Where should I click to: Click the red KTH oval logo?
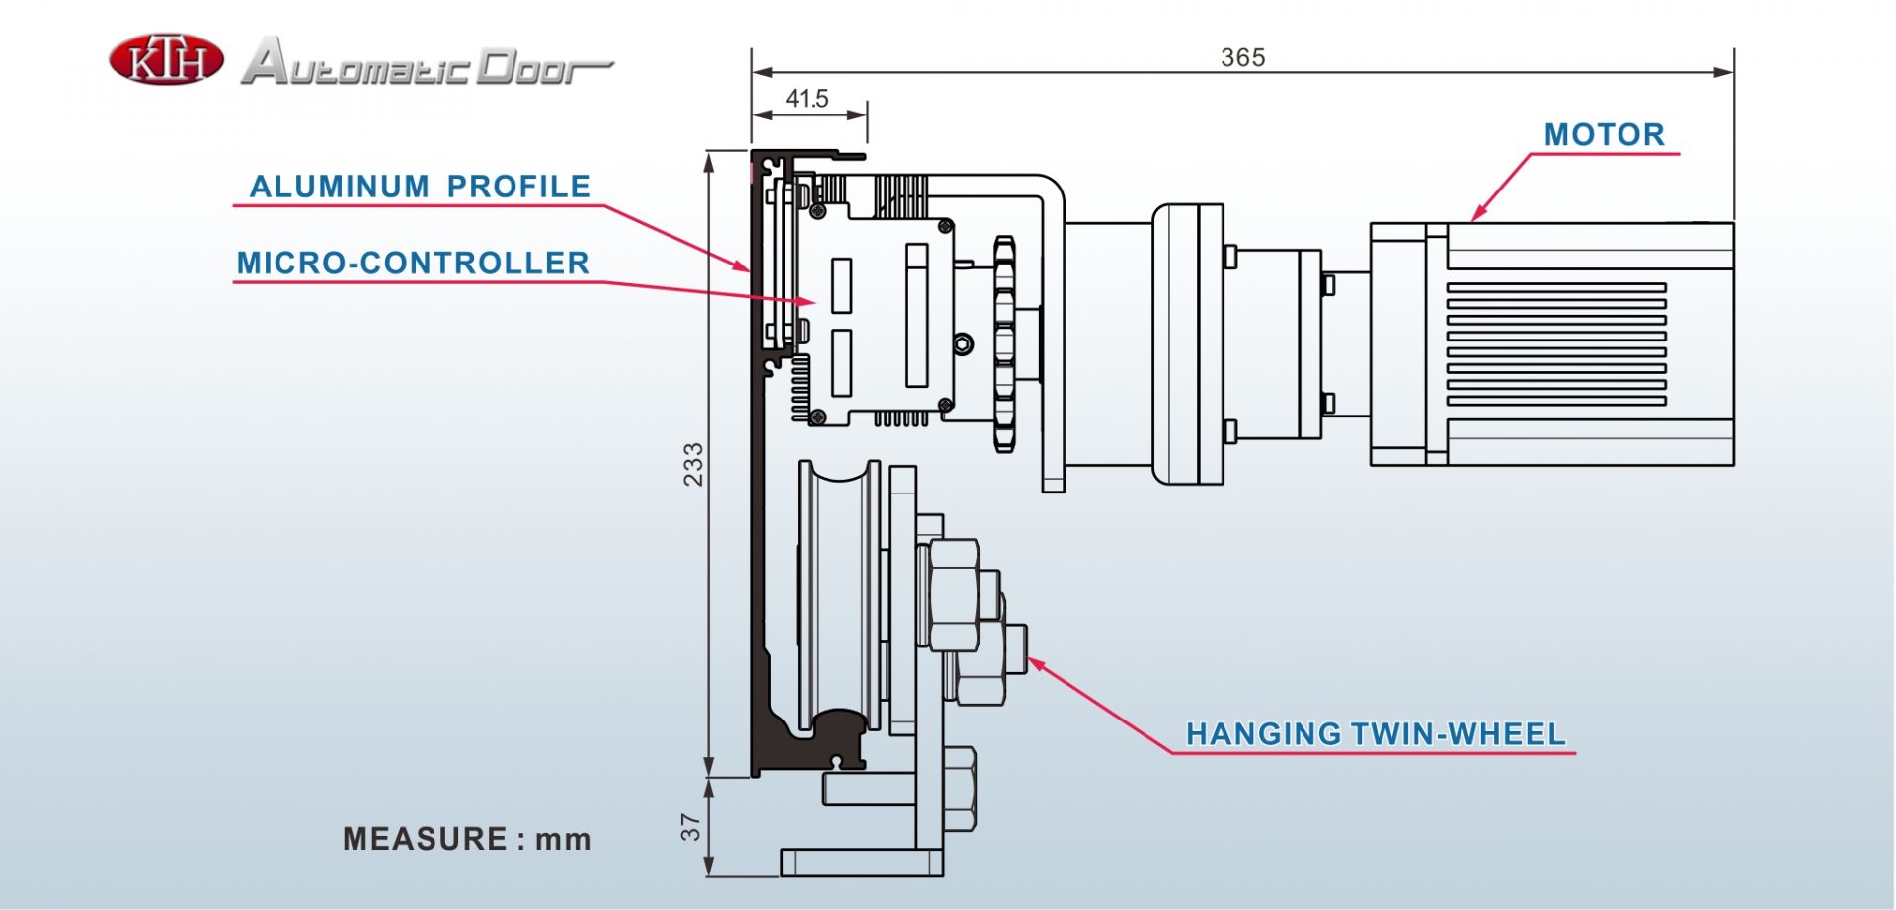pos(166,59)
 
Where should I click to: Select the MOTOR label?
pos(1604,134)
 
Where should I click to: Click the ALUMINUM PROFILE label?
pos(420,186)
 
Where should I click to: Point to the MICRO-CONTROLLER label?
pos(413,263)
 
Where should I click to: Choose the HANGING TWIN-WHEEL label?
pos(1376,733)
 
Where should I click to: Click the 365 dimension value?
pos(1242,57)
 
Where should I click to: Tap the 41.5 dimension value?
pos(807,99)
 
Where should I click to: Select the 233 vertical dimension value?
pos(693,464)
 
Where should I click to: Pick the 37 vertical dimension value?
pos(691,827)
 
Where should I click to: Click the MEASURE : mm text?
pos(467,839)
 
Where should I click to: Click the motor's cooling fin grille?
pos(1556,344)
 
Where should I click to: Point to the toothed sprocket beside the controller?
pos(1004,344)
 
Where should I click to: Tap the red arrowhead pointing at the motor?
pos(1478,214)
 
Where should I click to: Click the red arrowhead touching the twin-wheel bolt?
pos(1037,665)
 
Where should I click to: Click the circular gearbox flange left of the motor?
pos(1188,344)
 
